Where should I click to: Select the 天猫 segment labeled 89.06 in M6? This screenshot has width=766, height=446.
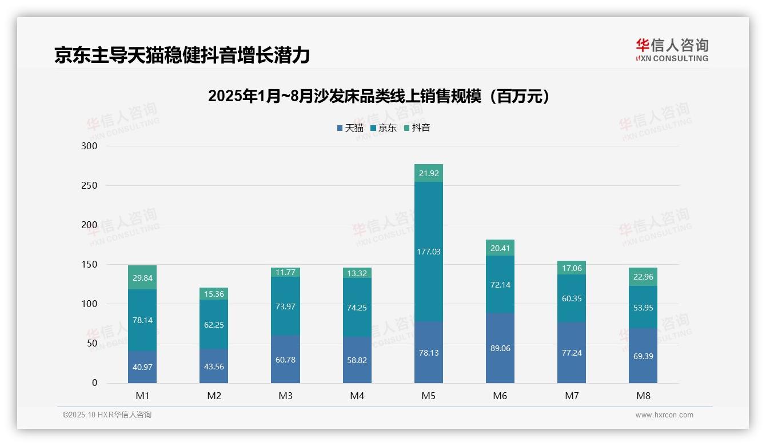click(500, 348)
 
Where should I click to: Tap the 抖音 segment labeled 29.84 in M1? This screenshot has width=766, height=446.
click(142, 278)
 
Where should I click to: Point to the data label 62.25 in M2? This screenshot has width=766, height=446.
click(214, 325)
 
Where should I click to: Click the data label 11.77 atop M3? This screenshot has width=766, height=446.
click(285, 272)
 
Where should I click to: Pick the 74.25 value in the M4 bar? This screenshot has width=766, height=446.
click(357, 308)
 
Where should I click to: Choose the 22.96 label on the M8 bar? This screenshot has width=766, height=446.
click(643, 277)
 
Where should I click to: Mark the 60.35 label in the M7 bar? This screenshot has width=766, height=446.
click(572, 298)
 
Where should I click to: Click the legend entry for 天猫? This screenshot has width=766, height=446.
click(350, 128)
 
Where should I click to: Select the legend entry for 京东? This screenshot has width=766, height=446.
click(384, 128)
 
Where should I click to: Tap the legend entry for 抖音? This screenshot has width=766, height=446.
click(417, 128)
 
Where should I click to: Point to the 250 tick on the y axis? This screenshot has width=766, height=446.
click(90, 186)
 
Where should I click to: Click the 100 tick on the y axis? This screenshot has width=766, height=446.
click(90, 304)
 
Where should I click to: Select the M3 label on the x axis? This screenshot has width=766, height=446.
click(285, 396)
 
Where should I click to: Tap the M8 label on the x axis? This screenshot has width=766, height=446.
click(643, 396)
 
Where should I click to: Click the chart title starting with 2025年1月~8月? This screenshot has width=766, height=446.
click(379, 96)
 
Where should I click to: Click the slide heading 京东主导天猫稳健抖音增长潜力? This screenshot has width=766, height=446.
click(182, 55)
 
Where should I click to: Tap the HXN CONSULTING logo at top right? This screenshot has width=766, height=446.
click(672, 50)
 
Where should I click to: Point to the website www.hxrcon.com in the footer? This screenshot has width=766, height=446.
click(664, 415)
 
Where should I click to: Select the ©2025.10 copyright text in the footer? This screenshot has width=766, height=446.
click(107, 415)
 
